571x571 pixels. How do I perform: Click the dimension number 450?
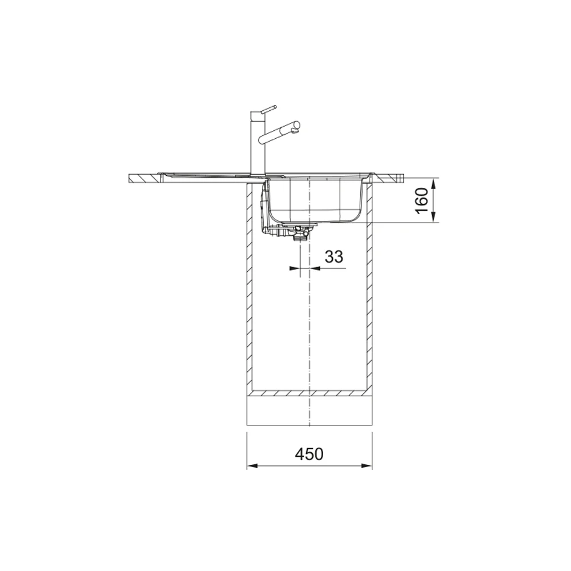(309, 454)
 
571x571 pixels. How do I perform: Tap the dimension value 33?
(334, 257)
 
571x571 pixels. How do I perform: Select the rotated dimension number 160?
(421, 201)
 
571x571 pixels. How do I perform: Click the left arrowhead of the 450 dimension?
(252, 466)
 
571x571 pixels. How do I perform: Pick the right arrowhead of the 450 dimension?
(367, 466)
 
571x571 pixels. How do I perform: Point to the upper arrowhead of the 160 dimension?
(433, 183)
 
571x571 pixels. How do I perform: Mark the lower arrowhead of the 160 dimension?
(433, 217)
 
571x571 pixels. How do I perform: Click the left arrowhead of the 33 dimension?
(295, 268)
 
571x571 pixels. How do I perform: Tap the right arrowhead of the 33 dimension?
(315, 268)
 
